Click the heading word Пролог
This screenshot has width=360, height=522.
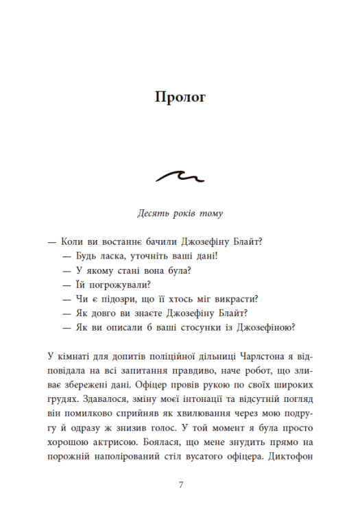180,97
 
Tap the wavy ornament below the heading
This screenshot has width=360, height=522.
180,177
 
